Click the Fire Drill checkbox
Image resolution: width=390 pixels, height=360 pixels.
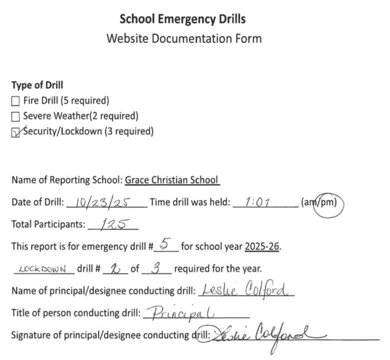pyautogui.click(x=15, y=101)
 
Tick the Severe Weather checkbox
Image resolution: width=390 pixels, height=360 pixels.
pyautogui.click(x=15, y=116)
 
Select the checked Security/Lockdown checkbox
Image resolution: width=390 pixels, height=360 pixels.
pyautogui.click(x=15, y=132)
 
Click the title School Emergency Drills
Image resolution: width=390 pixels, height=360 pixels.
pyautogui.click(x=183, y=19)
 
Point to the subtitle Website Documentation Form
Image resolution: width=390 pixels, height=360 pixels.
pyautogui.click(x=184, y=38)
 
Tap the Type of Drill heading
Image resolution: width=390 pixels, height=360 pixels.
pyautogui.click(x=37, y=85)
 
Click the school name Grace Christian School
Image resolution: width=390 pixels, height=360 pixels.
pyautogui.click(x=172, y=180)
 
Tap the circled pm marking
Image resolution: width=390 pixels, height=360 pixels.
pyautogui.click(x=329, y=203)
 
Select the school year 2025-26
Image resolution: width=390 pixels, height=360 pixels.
pyautogui.click(x=262, y=246)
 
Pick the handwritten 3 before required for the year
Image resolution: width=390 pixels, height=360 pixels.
pyautogui.click(x=156, y=268)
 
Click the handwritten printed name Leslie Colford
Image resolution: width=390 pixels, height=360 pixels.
pyautogui.click(x=245, y=290)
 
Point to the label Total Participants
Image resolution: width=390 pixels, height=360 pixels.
pyautogui.click(x=48, y=225)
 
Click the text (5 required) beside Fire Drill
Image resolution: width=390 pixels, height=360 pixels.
pyautogui.click(x=84, y=101)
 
